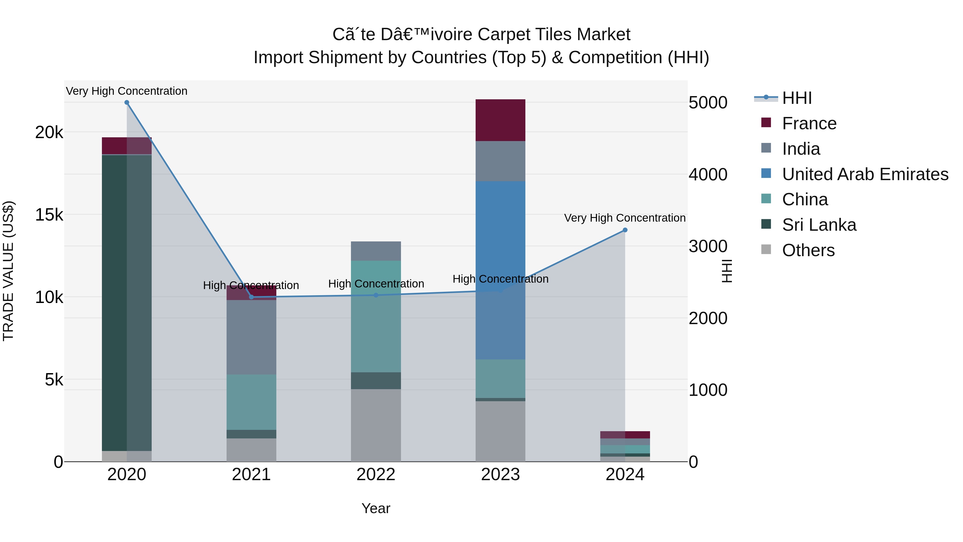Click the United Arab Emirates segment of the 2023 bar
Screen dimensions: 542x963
pyautogui.click(x=500, y=269)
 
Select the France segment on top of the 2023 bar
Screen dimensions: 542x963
pyautogui.click(x=500, y=120)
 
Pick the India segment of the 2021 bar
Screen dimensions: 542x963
pyautogui.click(x=251, y=337)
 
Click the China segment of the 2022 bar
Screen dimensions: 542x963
pyautogui.click(x=376, y=316)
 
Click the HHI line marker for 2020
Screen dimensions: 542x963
pyautogui.click(x=127, y=103)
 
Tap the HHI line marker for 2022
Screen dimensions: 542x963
pyautogui.click(x=376, y=295)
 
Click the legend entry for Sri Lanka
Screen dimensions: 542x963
pyautogui.click(x=819, y=225)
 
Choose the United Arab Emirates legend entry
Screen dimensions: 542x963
pyautogui.click(x=865, y=174)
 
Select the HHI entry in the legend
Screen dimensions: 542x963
pyautogui.click(x=797, y=98)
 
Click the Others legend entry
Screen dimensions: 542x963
pyautogui.click(x=808, y=250)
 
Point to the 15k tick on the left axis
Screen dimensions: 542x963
pyautogui.click(x=49, y=215)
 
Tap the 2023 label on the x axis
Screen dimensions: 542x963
pyautogui.click(x=500, y=475)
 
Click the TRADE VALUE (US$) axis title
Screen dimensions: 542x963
pyautogui.click(x=8, y=271)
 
